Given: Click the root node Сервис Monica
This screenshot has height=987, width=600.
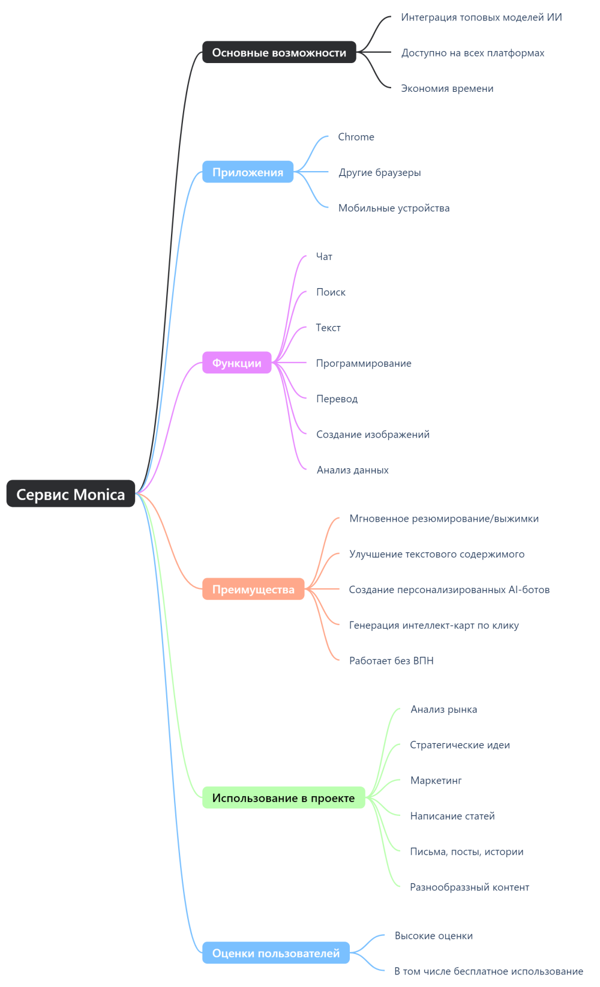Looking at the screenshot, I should coord(71,494).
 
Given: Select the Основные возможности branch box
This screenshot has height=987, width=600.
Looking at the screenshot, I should coord(279,53).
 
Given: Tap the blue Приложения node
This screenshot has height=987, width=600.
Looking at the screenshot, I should coord(248,172).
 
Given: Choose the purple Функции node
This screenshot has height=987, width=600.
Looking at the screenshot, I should coord(237,363).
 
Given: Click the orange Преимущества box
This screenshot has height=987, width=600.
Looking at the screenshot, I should coord(253,590).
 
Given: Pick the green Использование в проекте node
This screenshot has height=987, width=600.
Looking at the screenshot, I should coord(283,798).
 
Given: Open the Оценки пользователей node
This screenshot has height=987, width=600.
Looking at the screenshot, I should coord(276,953).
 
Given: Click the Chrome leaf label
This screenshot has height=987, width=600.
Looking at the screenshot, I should coord(356,137).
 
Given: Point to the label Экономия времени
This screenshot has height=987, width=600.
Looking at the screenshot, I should coord(447,88).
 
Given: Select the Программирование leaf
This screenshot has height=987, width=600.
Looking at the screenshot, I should coord(364,363).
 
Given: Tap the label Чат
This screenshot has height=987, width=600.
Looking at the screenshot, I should coord(324,256).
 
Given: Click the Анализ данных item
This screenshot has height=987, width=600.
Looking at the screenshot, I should coord(353,470).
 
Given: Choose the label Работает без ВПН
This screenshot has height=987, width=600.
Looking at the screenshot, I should coord(391,660).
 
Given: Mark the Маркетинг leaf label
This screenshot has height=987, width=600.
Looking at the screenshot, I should coord(436,780).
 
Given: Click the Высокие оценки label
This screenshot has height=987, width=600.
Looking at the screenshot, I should coord(434,936).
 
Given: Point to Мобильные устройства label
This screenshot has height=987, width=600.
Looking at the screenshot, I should coord(394,208).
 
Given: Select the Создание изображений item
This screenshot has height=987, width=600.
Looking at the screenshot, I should coord(373,434).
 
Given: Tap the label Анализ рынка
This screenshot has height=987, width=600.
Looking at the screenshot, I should coord(444,710).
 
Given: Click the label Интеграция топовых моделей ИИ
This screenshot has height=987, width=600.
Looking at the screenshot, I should coord(481,17).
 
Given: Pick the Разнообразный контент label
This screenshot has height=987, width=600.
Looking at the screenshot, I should coord(469,887).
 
